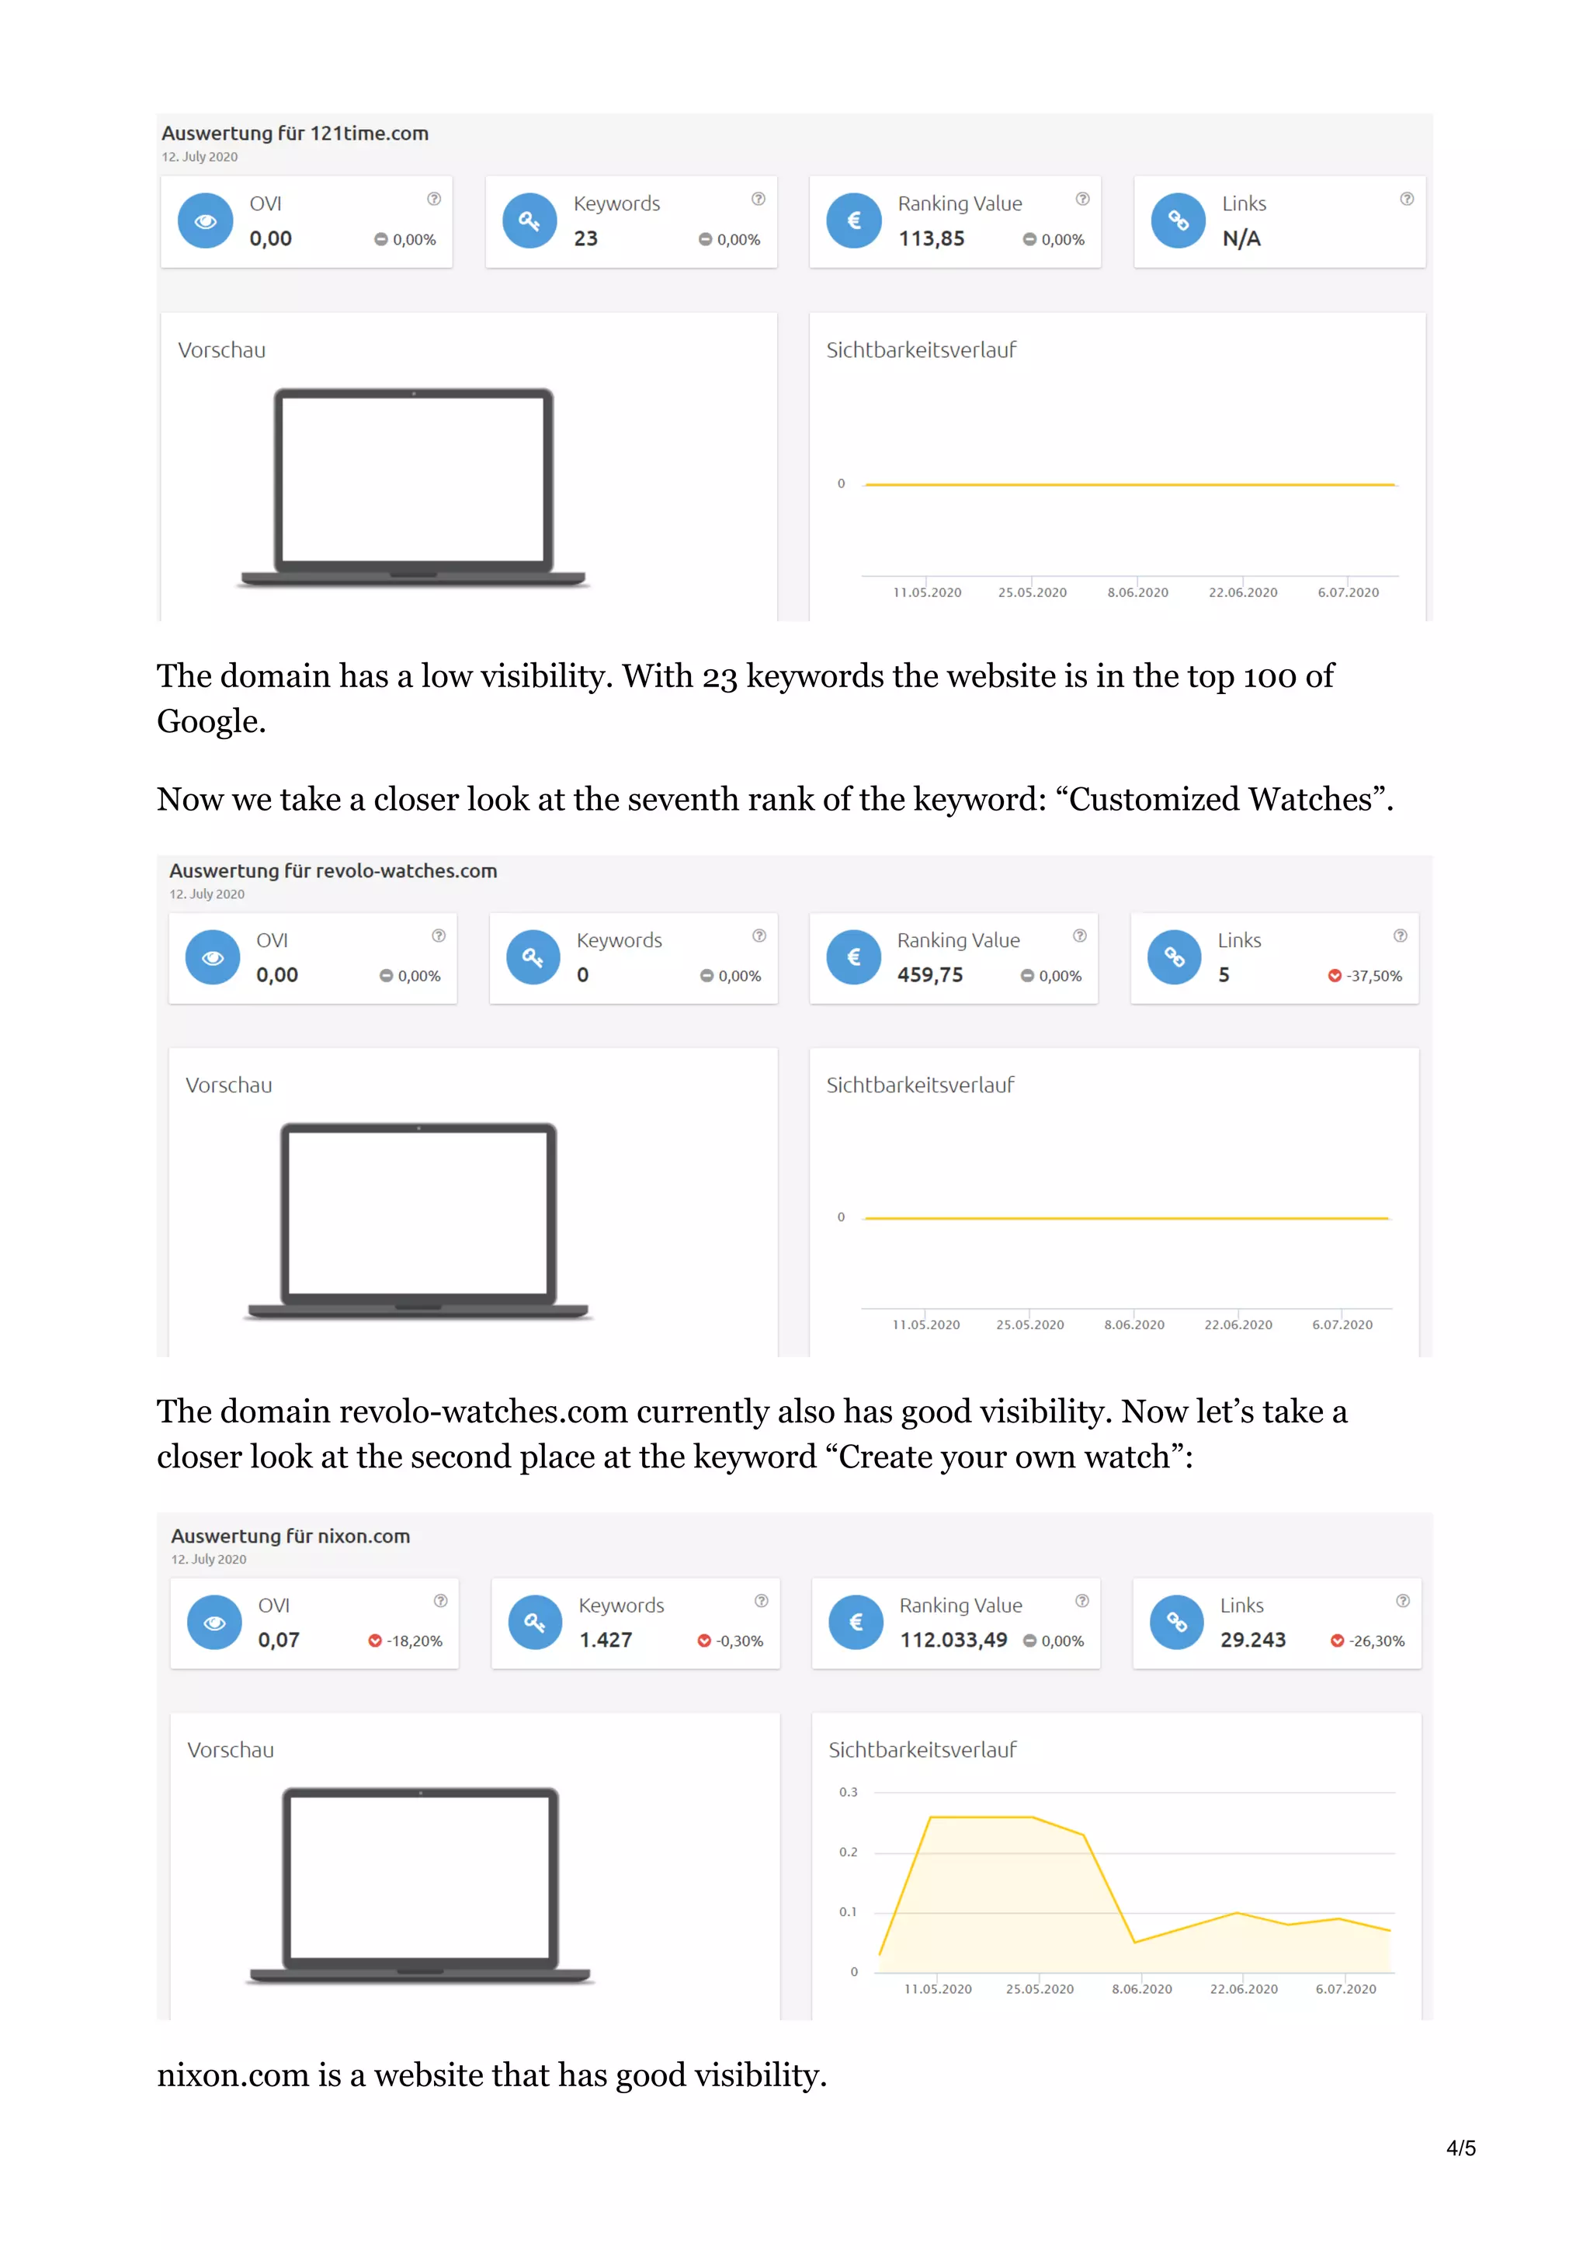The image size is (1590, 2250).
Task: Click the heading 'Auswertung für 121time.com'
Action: point(294,134)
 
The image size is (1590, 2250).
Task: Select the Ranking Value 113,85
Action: point(931,239)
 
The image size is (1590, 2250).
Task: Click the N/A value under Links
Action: point(1241,239)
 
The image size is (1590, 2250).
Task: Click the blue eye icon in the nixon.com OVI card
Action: point(214,1623)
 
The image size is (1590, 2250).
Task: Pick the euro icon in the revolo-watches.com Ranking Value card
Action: point(853,957)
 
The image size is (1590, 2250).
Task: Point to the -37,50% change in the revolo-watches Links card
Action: point(1373,976)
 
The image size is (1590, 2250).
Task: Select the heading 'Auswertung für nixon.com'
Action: point(290,1536)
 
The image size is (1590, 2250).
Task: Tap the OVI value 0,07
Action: point(278,1641)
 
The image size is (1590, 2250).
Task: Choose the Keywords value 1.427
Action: point(606,1641)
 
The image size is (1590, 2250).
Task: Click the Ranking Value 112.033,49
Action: point(953,1641)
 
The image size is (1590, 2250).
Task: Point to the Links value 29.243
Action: point(1252,1641)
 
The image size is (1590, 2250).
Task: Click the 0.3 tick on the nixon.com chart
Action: point(848,1793)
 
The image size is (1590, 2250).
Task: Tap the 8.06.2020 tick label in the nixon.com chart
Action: point(1141,1989)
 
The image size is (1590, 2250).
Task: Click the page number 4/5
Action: point(1460,2148)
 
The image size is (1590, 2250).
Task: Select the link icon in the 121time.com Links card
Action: point(1178,220)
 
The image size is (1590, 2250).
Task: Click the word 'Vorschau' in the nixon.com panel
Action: point(231,1750)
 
